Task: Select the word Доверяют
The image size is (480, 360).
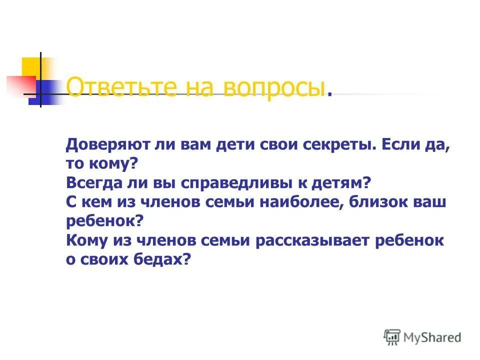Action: (105, 145)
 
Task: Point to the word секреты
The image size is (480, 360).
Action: (338, 145)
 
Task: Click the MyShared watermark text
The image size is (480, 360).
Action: (433, 337)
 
